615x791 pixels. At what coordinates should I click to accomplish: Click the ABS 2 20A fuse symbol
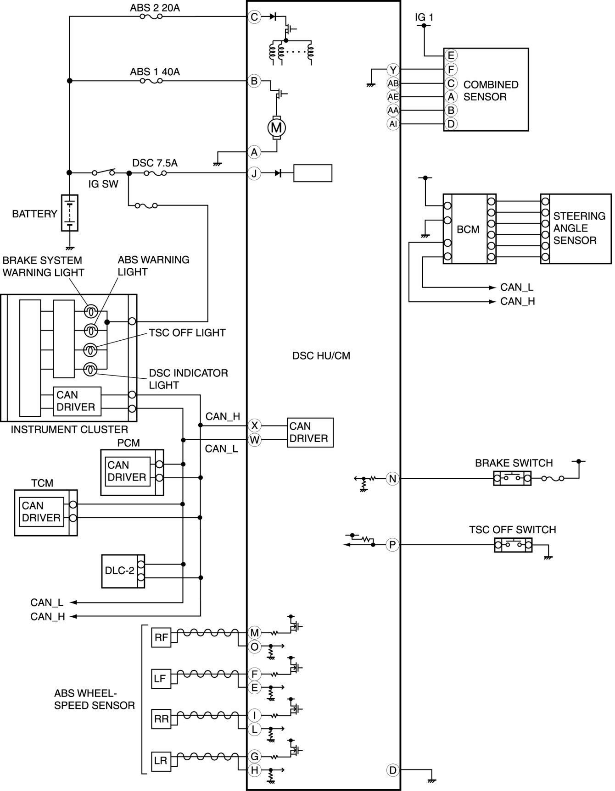point(150,17)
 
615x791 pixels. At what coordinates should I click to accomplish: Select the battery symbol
point(69,213)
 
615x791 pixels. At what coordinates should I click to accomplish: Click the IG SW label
point(103,184)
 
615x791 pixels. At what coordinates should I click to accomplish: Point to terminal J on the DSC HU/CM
point(254,173)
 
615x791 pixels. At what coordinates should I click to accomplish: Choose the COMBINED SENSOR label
point(491,91)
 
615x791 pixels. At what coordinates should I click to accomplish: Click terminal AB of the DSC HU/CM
point(393,83)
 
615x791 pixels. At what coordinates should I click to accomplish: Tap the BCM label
point(468,229)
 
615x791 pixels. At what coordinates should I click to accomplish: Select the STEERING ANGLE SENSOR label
point(579,228)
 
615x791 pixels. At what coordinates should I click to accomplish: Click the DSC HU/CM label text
point(321,356)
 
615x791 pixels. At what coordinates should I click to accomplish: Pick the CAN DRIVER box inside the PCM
point(127,471)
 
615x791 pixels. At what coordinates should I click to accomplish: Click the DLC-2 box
point(123,571)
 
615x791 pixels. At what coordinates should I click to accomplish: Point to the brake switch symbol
point(512,478)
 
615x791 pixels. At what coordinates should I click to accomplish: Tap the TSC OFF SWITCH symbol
point(513,545)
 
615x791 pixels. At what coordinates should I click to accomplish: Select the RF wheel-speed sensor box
point(161,637)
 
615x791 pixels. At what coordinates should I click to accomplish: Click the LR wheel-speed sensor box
point(161,761)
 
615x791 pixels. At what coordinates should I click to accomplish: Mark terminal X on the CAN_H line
point(254,426)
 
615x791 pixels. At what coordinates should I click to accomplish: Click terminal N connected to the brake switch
point(392,479)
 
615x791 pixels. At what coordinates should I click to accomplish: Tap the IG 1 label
point(424,17)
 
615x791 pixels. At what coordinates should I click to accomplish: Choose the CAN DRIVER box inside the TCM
point(41,512)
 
